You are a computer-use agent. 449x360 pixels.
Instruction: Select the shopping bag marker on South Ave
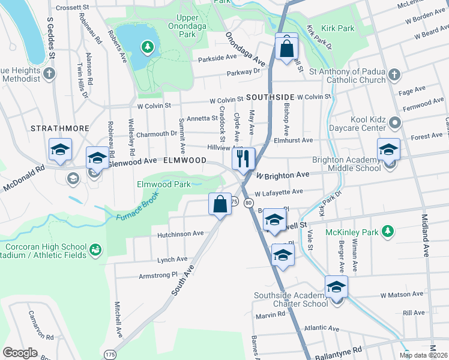pos(220,204)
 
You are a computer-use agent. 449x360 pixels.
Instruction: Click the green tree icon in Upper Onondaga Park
pos(146,46)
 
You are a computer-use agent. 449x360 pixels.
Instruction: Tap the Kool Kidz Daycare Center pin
pos(394,123)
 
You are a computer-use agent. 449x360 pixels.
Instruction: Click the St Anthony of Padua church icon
pos(394,75)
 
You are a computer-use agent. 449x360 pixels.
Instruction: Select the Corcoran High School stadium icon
pos(95,249)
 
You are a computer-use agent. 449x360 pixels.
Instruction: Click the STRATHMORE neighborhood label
pos(60,128)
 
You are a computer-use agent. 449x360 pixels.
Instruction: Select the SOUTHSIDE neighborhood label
pos(270,97)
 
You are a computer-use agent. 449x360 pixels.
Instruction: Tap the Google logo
pos(20,353)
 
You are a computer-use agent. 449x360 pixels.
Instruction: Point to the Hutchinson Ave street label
pos(181,233)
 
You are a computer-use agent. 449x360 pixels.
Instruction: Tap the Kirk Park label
pos(338,28)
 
